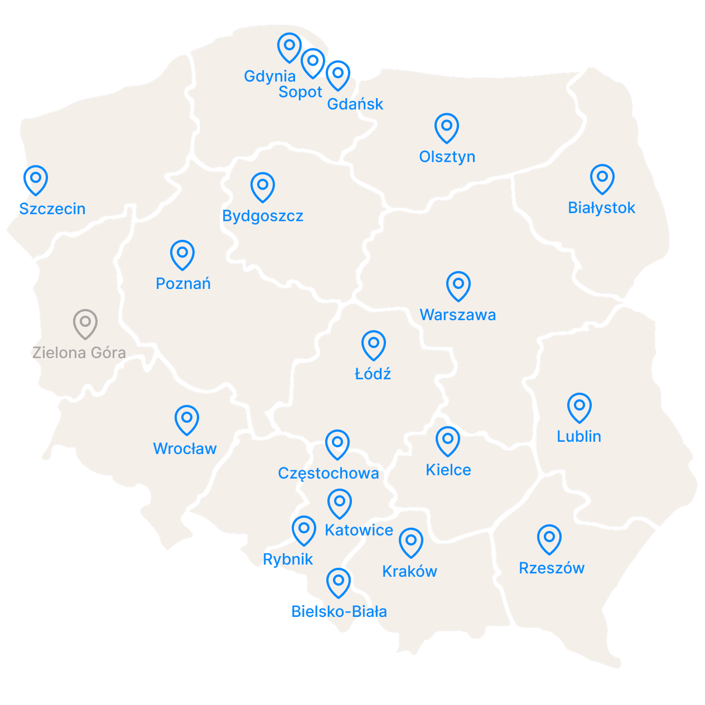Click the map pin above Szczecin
click(x=36, y=179)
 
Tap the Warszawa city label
click(x=457, y=315)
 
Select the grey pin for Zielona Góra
click(x=85, y=323)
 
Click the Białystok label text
click(x=601, y=208)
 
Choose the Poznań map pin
click(x=182, y=254)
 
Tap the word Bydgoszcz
click(x=263, y=216)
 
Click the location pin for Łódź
click(x=374, y=344)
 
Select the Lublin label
click(x=579, y=436)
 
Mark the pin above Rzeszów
click(x=549, y=538)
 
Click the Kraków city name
click(x=409, y=571)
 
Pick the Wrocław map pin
click(x=187, y=419)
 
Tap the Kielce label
click(x=448, y=470)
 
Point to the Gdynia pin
click(x=289, y=46)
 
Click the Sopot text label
click(x=300, y=92)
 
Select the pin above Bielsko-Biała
click(x=338, y=582)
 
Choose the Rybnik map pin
click(x=305, y=529)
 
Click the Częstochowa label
click(x=329, y=474)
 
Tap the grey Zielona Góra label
click(x=79, y=352)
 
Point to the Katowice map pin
click(x=339, y=503)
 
